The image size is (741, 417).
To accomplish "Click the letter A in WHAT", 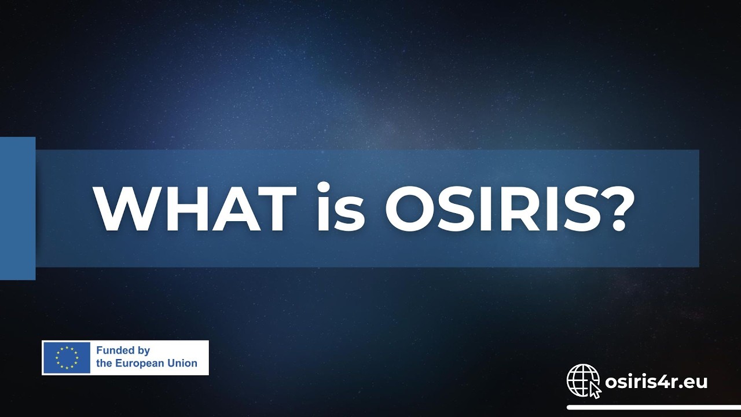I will [x=239, y=209].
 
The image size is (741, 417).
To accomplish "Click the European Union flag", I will [x=67, y=357].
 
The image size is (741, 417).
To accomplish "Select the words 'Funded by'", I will [x=123, y=350].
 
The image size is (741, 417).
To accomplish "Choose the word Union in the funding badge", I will [x=184, y=364].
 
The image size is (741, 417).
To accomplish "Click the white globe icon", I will [x=582, y=380].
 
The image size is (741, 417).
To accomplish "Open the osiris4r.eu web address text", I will [x=656, y=382].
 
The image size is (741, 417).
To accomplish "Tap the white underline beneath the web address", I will [x=654, y=407].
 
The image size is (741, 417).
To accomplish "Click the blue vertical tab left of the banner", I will [x=17, y=209].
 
